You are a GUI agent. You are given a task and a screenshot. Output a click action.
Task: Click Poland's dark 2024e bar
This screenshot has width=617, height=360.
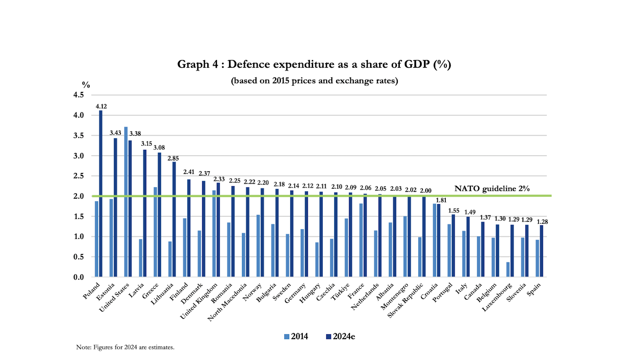[x=101, y=193]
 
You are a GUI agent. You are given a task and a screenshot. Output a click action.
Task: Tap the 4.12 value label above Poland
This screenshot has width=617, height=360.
[x=101, y=106]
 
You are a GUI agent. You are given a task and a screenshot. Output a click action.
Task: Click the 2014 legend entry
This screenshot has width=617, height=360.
[x=296, y=337]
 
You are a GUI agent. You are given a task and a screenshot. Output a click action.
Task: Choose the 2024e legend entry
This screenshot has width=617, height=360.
[x=340, y=337]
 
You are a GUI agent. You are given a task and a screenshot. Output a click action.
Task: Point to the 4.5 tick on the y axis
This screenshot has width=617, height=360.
[x=78, y=95]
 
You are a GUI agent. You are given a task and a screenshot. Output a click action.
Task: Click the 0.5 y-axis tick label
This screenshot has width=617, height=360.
[x=78, y=257]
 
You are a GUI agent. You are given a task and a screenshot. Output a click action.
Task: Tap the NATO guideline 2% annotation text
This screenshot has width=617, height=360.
[x=492, y=188]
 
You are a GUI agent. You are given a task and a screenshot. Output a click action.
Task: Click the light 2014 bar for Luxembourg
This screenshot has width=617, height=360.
[x=508, y=269]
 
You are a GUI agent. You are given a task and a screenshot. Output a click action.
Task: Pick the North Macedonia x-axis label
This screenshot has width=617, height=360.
[x=227, y=302]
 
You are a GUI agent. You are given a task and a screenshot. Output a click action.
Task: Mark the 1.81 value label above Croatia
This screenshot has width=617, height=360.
[x=441, y=200]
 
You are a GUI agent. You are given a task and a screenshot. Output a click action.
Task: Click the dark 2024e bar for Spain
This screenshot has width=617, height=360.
[x=541, y=251]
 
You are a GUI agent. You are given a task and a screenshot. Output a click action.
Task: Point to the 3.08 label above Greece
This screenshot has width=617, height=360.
[x=159, y=148]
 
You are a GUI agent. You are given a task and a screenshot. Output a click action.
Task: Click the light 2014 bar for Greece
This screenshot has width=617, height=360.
[x=155, y=231]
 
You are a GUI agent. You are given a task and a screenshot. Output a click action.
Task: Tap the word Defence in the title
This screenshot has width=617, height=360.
[x=249, y=64]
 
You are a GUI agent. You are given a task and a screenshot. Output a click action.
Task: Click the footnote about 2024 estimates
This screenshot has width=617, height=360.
[x=125, y=347]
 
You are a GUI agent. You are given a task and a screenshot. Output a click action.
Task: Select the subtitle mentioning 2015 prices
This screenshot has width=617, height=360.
[x=314, y=81]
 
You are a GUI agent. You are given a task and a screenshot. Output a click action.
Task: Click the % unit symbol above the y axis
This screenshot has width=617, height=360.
[x=86, y=85]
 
